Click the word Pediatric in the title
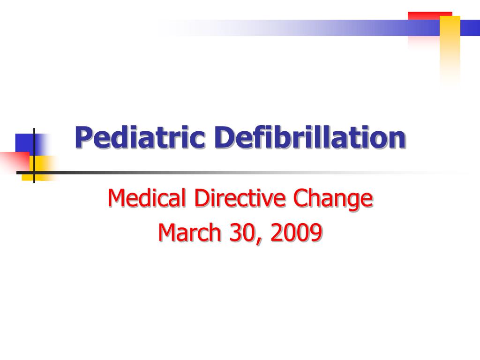tap(140, 138)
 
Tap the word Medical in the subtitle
tap(147, 198)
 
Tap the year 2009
tap(296, 233)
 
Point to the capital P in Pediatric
tap(82, 137)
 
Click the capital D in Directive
tap(200, 198)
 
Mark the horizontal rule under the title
tap(234, 172)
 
